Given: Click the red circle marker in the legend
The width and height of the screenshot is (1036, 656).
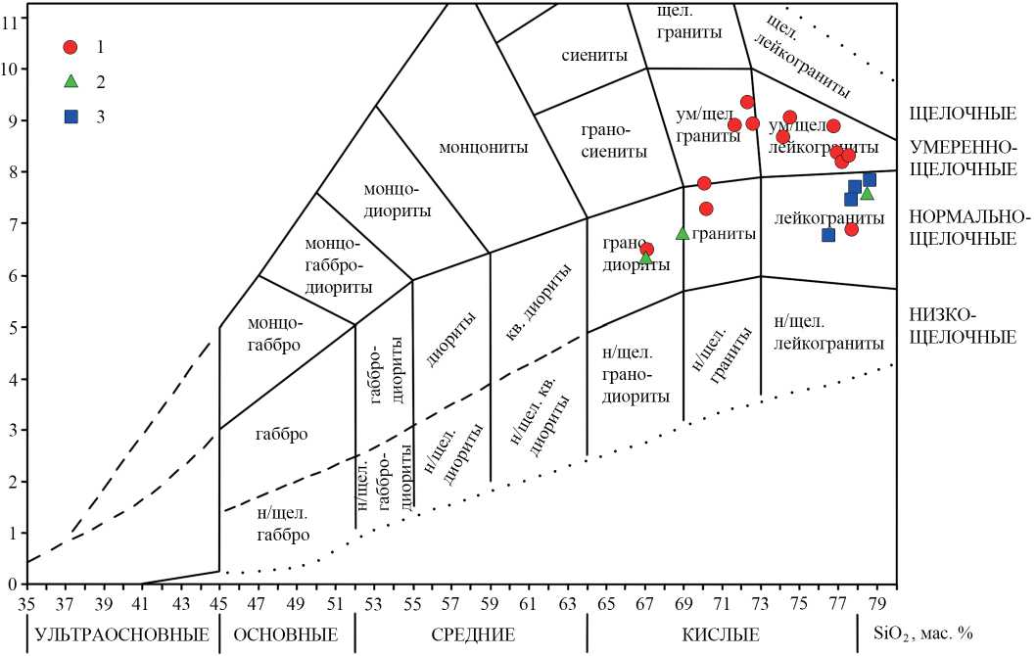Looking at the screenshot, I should (70, 47).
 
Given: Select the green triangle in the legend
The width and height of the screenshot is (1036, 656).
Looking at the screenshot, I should (70, 81).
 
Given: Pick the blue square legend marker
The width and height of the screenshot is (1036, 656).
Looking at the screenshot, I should (70, 117).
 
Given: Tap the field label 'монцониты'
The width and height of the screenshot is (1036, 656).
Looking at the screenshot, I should (483, 148).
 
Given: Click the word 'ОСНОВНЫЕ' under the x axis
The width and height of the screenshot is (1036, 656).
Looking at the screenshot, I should (286, 634).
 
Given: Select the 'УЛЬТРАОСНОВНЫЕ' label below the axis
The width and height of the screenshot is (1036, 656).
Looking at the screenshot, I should (121, 634).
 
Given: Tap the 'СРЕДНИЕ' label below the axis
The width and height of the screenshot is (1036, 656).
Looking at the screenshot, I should (473, 634).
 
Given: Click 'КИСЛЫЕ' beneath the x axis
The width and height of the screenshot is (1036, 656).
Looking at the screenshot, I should (721, 634).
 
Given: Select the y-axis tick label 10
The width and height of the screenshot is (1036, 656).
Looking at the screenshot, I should (11, 69).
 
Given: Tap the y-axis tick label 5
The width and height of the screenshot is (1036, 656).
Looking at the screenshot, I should (12, 327).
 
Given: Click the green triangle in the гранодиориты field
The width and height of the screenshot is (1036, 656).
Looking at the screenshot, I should (646, 258).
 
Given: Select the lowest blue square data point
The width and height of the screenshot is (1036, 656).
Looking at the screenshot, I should (828, 235).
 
